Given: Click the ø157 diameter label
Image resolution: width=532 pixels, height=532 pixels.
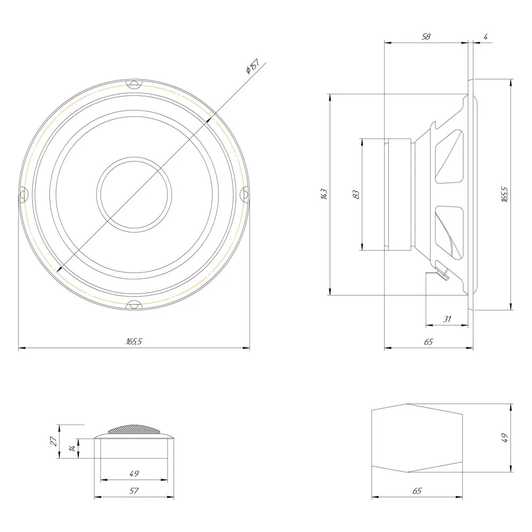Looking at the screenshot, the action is coord(252,66).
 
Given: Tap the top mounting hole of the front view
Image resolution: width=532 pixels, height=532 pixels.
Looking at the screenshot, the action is coord(134,84).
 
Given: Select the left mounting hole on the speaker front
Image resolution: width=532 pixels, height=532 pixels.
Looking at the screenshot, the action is coord(23,194).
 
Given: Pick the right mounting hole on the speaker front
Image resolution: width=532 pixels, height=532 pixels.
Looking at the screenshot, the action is coord(245,194).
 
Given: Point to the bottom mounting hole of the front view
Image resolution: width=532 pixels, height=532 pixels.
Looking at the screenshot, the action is coord(134,305).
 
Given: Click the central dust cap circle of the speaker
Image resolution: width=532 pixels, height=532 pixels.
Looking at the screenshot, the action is coord(134,194).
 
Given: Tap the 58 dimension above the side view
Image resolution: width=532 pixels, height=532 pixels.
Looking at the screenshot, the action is coord(426,36).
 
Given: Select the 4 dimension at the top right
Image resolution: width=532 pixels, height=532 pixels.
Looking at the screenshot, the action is coord(486,36).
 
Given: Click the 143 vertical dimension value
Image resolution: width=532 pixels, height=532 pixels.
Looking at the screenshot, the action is coord(324,194).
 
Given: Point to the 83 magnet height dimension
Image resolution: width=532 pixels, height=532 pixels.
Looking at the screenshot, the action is coord(356,194).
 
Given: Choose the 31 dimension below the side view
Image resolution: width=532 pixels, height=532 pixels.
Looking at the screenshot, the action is coord(447,319).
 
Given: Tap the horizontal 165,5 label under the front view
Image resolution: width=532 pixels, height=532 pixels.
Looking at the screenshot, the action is coord(134,342).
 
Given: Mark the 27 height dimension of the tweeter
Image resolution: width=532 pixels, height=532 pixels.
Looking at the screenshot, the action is coord(54,441).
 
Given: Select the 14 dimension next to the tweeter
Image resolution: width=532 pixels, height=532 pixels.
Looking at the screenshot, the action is coord(72,448).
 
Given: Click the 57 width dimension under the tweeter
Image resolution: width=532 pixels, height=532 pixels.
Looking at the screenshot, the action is coord(134,491).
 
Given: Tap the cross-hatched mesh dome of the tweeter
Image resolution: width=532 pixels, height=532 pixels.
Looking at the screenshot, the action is coord(134,429).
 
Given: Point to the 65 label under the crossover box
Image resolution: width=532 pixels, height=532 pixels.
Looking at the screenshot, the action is coord(417,491).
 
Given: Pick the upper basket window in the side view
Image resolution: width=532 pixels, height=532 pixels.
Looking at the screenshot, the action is coord(449,156).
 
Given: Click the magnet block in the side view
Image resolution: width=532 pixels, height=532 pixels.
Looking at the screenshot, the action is coord(400,194).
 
